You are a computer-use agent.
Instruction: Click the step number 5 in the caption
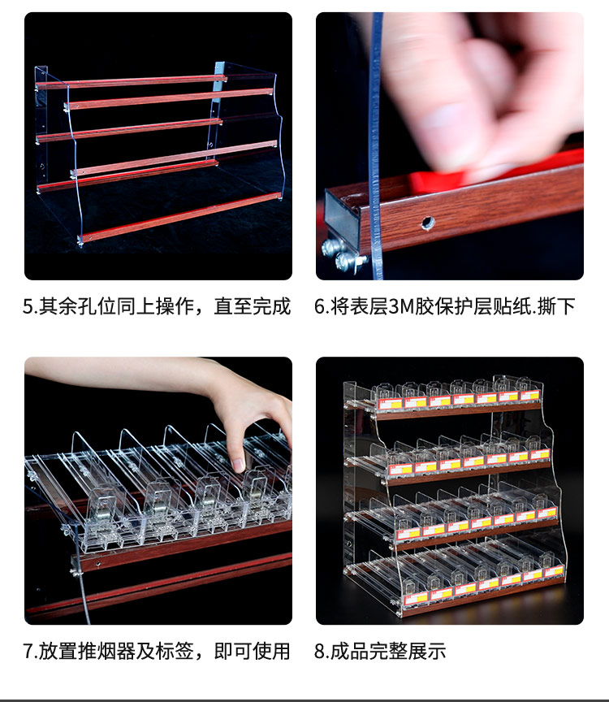(x=28, y=307)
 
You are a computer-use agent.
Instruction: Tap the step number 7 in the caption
(x=28, y=652)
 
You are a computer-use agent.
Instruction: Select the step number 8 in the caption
(x=320, y=652)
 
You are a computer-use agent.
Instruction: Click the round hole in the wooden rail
(x=428, y=223)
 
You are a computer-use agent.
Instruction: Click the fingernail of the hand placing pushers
(x=239, y=465)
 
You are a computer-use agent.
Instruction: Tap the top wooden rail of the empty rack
(x=132, y=82)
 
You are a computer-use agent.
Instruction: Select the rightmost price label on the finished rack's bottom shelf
(x=554, y=572)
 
